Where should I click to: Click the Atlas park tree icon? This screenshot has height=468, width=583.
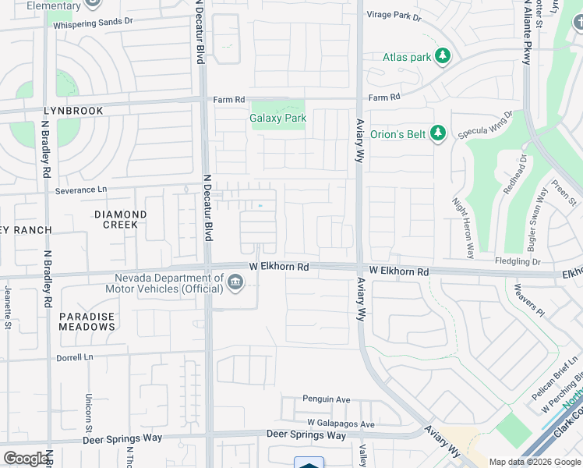click(x=443, y=56)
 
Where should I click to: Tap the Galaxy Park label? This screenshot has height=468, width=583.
click(x=277, y=119)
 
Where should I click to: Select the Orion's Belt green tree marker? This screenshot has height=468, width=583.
click(x=437, y=134)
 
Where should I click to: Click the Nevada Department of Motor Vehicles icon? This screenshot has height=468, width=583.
click(x=235, y=282)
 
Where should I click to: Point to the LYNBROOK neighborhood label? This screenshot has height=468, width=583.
click(x=73, y=111)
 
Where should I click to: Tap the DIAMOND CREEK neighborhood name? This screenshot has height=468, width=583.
click(x=120, y=219)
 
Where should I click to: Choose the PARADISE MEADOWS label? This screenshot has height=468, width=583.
click(x=87, y=322)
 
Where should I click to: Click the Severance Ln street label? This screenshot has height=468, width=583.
click(x=81, y=190)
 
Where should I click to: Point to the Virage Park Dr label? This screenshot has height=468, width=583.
click(x=394, y=16)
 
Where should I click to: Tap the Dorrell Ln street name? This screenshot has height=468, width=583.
click(x=75, y=358)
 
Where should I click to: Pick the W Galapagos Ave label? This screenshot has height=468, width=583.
click(x=341, y=424)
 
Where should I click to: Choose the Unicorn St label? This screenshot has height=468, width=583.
click(x=90, y=411)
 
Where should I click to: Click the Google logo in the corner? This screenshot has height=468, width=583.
click(x=26, y=459)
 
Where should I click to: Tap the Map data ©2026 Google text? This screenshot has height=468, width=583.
click(x=534, y=462)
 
